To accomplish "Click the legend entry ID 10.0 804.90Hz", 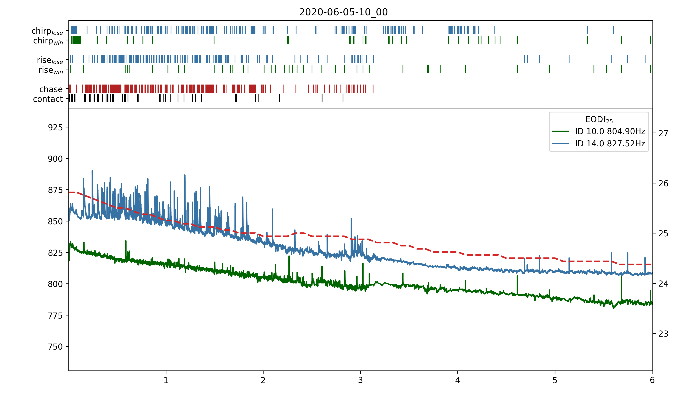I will point(610,131).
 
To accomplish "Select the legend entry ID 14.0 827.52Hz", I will point(610,143).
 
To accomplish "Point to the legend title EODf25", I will point(599,120).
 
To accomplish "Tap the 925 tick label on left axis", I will point(55,127).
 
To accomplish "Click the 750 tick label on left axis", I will point(55,347).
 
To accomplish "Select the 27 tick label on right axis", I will point(663,134).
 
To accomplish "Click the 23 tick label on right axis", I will point(663,333).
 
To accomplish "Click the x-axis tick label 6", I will point(652,380).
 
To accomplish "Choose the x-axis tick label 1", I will point(166,380).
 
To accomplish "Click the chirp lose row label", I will point(47,31).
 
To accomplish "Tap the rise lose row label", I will point(50,60).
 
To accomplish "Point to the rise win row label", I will point(51,70).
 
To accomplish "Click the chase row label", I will point(51,89).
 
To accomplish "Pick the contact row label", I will point(48,99).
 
